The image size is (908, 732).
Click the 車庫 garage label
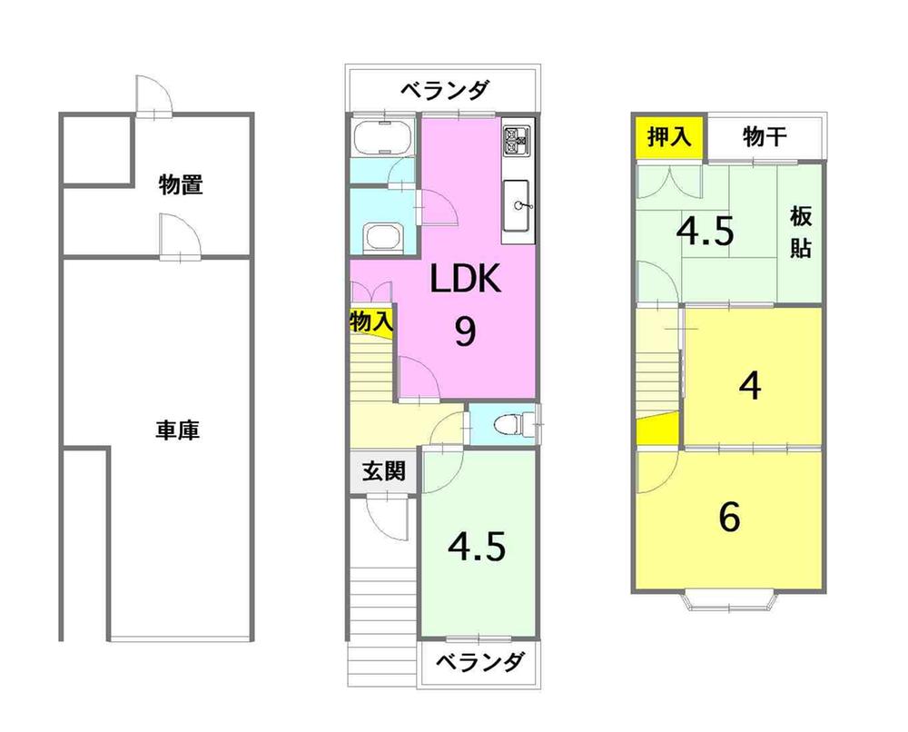[x=177, y=430]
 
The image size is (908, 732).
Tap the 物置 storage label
[x=180, y=186]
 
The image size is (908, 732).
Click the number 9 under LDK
[x=464, y=332]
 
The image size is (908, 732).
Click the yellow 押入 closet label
[x=669, y=137]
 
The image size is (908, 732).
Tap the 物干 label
[x=764, y=137]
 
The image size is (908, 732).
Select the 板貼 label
[x=800, y=232]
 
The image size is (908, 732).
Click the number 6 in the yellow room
[x=729, y=518]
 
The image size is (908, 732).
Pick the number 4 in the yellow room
[x=749, y=387]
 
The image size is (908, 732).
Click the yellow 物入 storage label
[x=370, y=321]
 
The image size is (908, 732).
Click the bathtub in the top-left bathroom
[x=383, y=138]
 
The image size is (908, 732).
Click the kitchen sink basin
[x=520, y=205]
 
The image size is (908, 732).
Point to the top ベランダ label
[x=445, y=90]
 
